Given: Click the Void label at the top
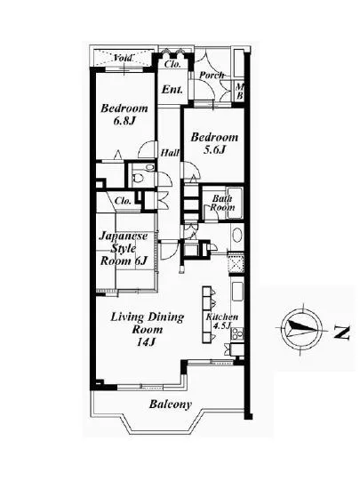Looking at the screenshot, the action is click(124, 58).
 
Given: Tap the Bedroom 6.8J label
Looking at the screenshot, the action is click(124, 115).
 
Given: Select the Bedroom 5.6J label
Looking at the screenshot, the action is click(214, 143).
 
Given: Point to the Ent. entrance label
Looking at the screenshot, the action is click(172, 90).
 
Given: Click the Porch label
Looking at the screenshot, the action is click(212, 75).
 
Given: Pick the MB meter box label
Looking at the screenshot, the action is click(239, 92).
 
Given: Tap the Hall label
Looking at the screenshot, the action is click(170, 153).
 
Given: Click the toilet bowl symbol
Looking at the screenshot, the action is click(138, 179).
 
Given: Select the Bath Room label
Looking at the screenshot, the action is click(222, 203).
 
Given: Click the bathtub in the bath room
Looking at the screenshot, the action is click(236, 203).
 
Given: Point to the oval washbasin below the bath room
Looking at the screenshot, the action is click(237, 236).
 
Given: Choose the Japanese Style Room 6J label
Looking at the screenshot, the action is click(124, 248).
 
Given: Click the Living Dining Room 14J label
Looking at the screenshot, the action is click(148, 329).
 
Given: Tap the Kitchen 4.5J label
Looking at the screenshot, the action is click(221, 321).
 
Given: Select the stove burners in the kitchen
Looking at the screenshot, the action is click(236, 333).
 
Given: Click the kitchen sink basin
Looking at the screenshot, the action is click(237, 292).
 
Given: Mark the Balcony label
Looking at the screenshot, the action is click(170, 405).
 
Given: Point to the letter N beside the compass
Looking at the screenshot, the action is click(342, 333).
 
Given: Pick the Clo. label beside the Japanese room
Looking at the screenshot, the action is click(123, 201).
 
